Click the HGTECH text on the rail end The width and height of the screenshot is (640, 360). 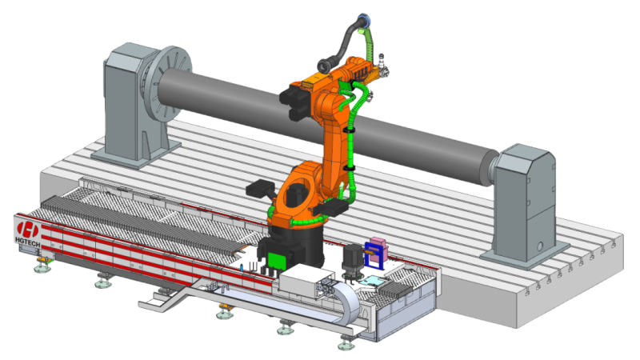[28, 242]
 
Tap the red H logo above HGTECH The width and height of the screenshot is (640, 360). [28, 230]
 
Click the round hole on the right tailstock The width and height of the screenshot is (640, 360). [541, 246]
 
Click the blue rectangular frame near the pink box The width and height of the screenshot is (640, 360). [374, 255]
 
